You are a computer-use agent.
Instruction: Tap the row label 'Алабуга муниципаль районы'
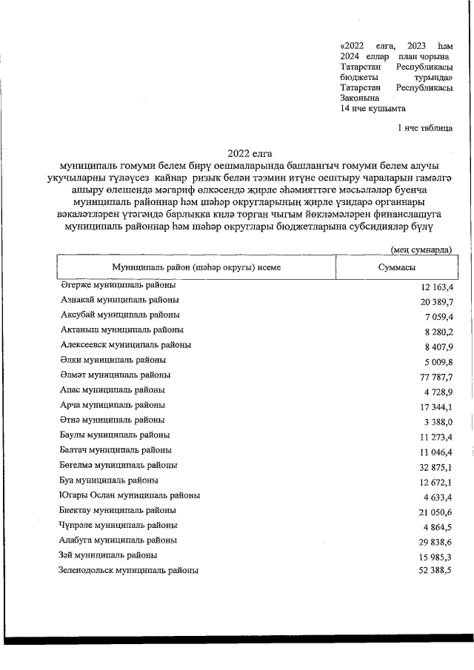(118, 540)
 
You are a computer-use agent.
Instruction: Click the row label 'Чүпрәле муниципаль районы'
(118, 526)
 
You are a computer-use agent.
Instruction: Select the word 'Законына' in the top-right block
(359, 98)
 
